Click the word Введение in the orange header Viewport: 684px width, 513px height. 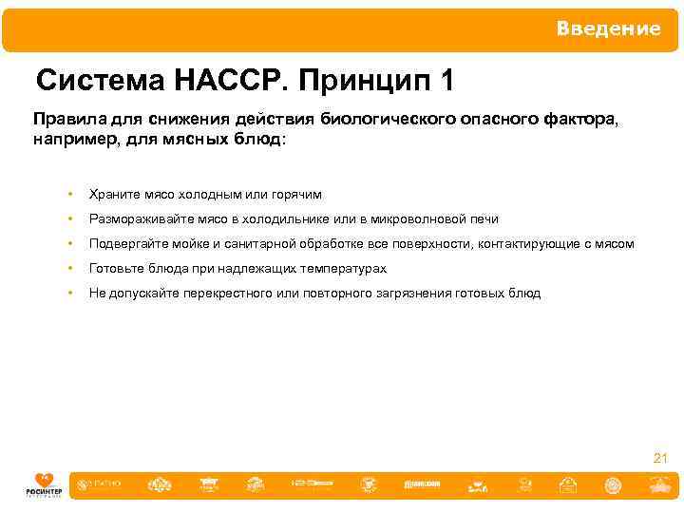pos(608,28)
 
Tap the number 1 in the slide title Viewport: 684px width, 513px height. pos(446,82)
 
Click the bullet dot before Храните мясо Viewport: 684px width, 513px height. pos(69,194)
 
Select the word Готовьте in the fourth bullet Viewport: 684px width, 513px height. pos(115,269)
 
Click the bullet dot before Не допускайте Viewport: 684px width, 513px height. pos(69,294)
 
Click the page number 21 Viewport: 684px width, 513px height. pos(660,459)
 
